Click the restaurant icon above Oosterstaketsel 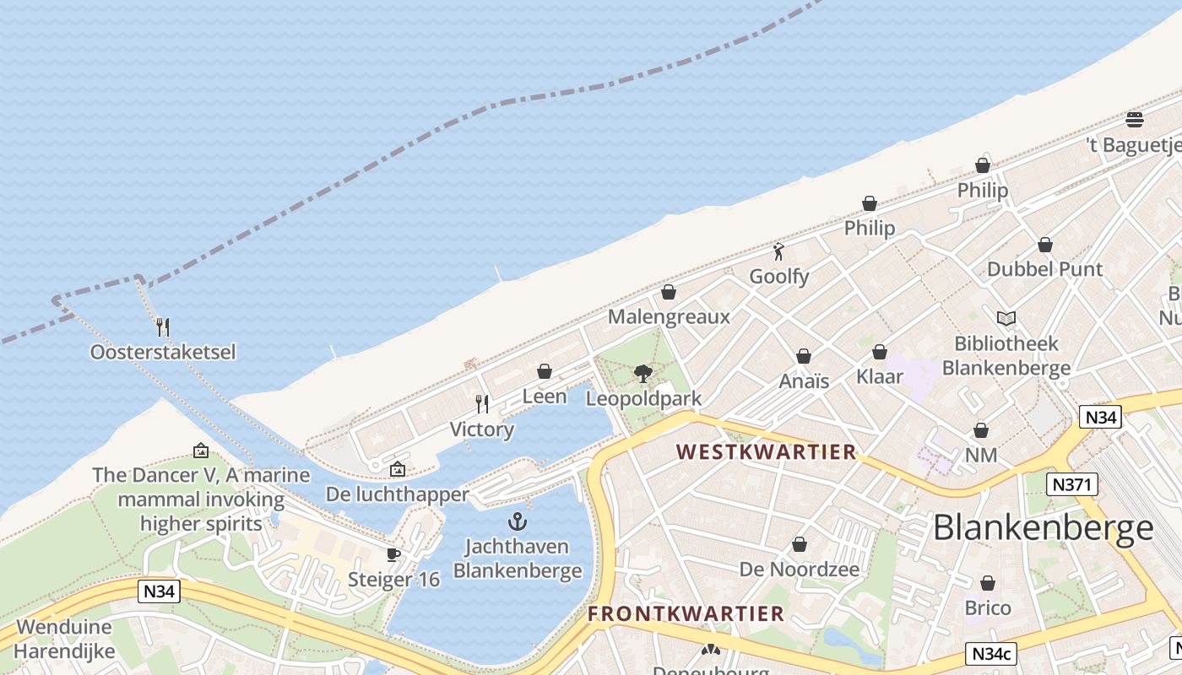pos(163,327)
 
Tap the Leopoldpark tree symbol pos(643,373)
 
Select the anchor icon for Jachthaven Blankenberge pos(518,521)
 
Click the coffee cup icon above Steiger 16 pos(393,554)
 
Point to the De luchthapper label pos(397,494)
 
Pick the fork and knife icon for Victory pos(482,404)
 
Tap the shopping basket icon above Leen pos(545,371)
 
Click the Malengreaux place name pos(669,317)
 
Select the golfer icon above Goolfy pos(778,251)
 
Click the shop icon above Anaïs pos(804,356)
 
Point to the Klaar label pos(880,376)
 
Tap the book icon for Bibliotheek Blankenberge pos(1006,318)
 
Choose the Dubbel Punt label pos(1044,269)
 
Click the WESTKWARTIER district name pos(767,452)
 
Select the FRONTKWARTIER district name pos(686,613)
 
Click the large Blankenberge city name pos(1043,528)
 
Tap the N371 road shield pos(1071,484)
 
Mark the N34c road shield pos(991,654)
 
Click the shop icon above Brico pos(988,583)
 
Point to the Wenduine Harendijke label pos(64,640)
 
